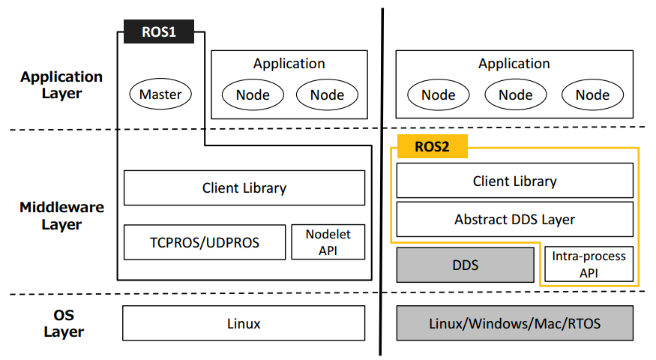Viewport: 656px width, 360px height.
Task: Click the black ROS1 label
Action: tap(159, 32)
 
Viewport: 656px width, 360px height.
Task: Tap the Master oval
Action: tap(160, 94)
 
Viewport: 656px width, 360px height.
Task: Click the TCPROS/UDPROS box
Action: tap(204, 243)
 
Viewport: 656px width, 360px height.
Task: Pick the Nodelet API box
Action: tap(328, 242)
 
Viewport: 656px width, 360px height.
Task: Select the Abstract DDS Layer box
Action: tap(514, 220)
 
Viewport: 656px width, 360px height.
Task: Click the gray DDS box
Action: tap(465, 265)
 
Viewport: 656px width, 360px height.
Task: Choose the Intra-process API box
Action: tap(589, 265)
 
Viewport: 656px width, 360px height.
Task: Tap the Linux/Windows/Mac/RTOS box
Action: tap(514, 324)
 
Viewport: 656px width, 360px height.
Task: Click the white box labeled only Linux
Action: tap(244, 324)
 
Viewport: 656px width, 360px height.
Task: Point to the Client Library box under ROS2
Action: tap(514, 181)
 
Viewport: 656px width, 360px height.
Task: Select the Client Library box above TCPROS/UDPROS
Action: tap(244, 187)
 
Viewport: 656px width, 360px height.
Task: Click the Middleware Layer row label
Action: tap(61, 216)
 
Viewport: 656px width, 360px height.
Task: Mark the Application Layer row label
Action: tap(61, 85)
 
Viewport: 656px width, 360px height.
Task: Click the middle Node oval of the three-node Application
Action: tap(515, 94)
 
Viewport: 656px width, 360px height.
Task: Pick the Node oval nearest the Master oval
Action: tap(253, 94)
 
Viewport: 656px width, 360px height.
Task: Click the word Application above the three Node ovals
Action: tap(514, 64)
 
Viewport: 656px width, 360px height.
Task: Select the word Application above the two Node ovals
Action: tap(289, 64)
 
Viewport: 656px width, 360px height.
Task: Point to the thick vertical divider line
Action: tap(382, 180)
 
